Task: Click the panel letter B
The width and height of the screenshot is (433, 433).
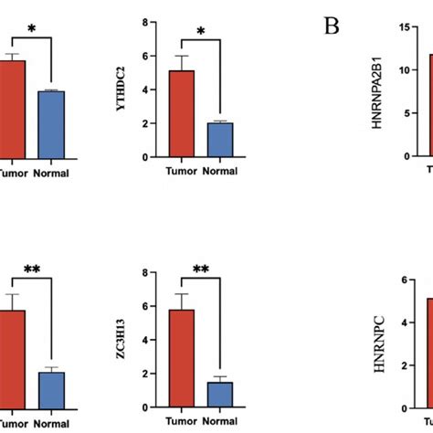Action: coord(332,26)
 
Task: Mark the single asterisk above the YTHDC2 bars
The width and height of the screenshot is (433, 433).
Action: coord(201,31)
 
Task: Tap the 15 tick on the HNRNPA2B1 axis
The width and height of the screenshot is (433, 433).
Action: coord(401,28)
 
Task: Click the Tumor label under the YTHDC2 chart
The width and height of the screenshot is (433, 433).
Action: coord(185,170)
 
